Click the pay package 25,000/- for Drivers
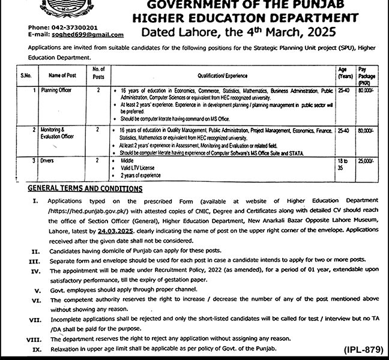[364, 161]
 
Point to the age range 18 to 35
[342, 165]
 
